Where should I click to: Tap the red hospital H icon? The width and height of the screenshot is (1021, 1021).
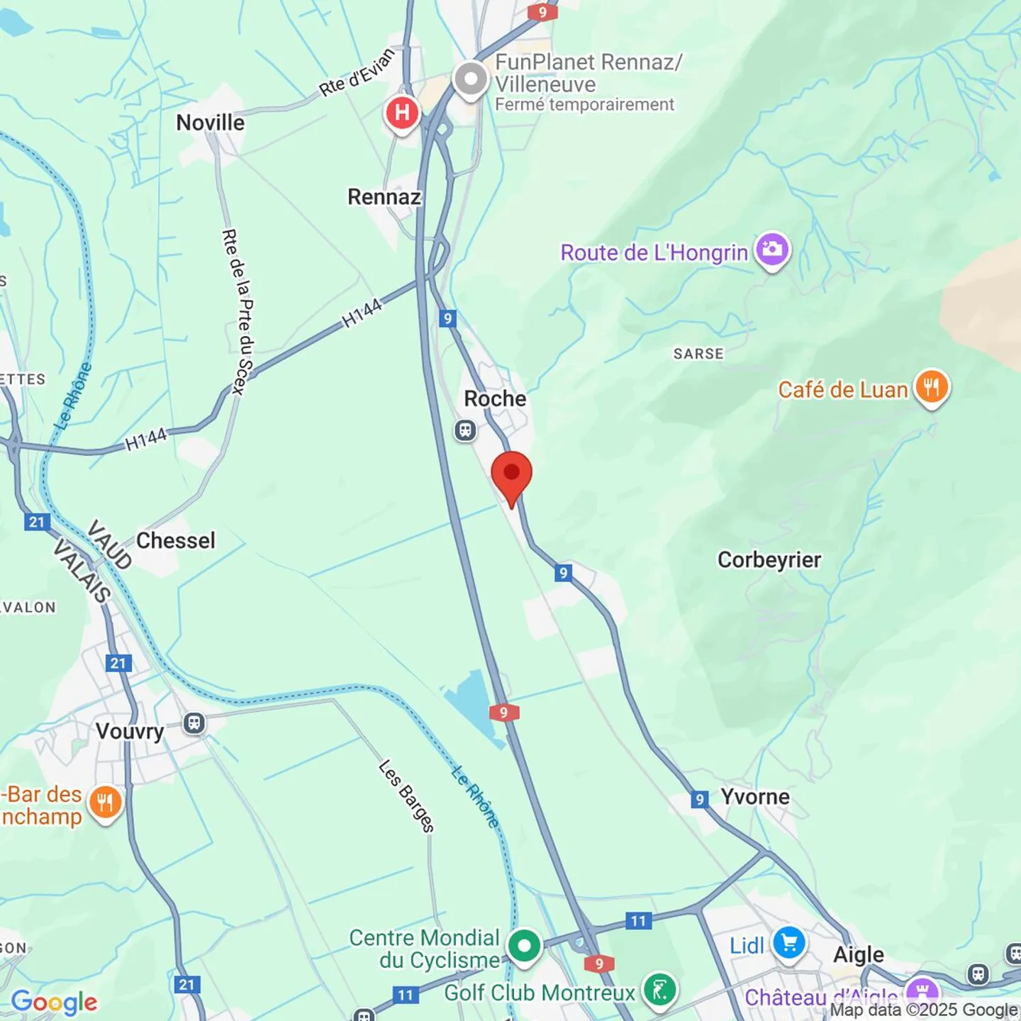click(402, 113)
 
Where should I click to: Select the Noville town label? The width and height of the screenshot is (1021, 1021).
click(210, 123)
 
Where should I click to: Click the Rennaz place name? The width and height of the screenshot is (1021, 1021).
click(384, 196)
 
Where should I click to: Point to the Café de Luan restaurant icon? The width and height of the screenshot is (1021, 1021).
click(932, 387)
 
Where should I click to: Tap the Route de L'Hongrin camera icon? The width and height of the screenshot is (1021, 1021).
click(772, 250)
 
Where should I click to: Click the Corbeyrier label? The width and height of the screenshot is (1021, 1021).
click(769, 559)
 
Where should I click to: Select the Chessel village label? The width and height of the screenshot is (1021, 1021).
click(175, 540)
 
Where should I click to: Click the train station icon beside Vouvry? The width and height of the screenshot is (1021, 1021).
click(194, 724)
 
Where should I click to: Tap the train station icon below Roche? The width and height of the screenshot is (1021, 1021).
click(465, 430)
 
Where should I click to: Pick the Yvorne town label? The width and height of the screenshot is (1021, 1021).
click(755, 796)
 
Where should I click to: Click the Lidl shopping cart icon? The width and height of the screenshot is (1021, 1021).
click(789, 944)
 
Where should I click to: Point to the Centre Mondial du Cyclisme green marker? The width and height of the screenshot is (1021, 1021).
click(524, 946)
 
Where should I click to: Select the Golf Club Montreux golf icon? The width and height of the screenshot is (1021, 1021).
click(659, 990)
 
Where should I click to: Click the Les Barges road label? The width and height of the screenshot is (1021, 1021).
click(406, 796)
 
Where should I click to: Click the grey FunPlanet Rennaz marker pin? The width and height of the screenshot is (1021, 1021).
click(471, 79)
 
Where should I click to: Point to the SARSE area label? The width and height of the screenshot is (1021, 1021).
click(698, 354)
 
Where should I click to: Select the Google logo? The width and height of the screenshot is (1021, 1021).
click(54, 1002)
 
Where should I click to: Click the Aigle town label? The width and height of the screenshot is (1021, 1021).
click(858, 954)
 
